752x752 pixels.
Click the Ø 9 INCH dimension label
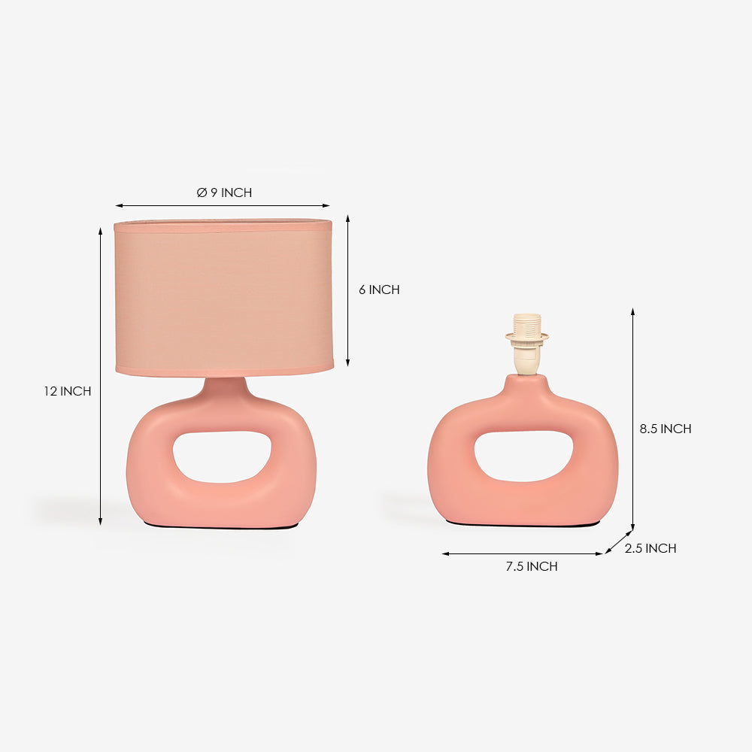pyautogui.click(x=224, y=193)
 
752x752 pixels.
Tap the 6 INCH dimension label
pyautogui.click(x=379, y=290)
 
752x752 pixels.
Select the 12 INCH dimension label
pyautogui.click(x=67, y=391)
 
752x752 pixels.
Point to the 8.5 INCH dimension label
pyautogui.click(x=666, y=429)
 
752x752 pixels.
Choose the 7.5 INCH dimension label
pyautogui.click(x=532, y=566)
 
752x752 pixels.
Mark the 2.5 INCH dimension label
pyautogui.click(x=650, y=548)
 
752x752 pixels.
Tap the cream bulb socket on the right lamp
pyautogui.click(x=526, y=342)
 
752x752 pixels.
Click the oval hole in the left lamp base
pyautogui.click(x=222, y=456)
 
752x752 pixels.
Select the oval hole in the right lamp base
pyautogui.click(x=523, y=456)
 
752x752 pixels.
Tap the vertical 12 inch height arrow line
pyautogui.click(x=100, y=376)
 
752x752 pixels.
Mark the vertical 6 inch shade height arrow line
pyautogui.click(x=347, y=290)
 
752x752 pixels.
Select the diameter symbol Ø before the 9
pyautogui.click(x=202, y=193)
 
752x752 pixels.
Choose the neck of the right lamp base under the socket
pyautogui.click(x=526, y=385)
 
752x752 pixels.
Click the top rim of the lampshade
pyautogui.click(x=223, y=223)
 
